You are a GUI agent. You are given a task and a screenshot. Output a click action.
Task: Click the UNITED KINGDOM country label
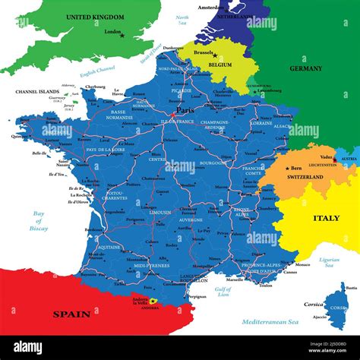coord(94,17)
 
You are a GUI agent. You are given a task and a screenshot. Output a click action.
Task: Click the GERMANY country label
coord(305,68)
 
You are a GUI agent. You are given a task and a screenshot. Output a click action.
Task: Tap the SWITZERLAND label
coord(305,177)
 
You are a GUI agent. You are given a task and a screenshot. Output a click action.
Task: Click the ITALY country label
coord(326,218)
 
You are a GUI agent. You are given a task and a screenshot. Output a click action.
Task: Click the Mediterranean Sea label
coord(270,323)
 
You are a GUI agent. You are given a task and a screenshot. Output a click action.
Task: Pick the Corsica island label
coord(314,304)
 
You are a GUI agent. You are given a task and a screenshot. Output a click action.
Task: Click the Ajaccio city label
coord(320,317)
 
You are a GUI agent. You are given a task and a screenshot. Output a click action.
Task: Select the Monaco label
coord(302,265)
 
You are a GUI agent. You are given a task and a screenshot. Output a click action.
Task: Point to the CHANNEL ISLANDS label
coord(36,92)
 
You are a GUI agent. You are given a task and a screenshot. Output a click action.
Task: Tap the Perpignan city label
coord(196,296)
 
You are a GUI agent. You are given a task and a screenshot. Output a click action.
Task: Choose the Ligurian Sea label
coord(328,261)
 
